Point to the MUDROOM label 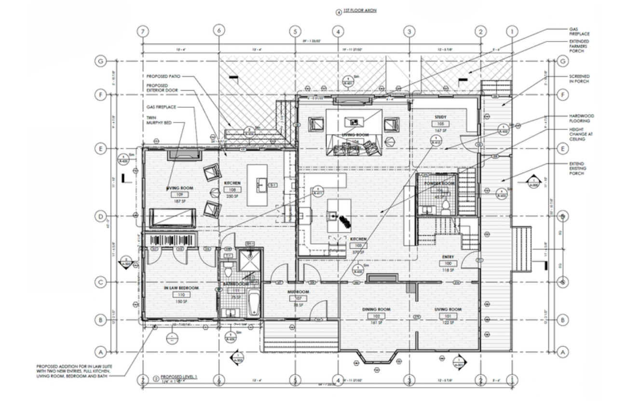298,292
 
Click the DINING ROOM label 376,309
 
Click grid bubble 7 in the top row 142,31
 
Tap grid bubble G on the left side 100,61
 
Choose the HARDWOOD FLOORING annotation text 581,118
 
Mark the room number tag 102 376,316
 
